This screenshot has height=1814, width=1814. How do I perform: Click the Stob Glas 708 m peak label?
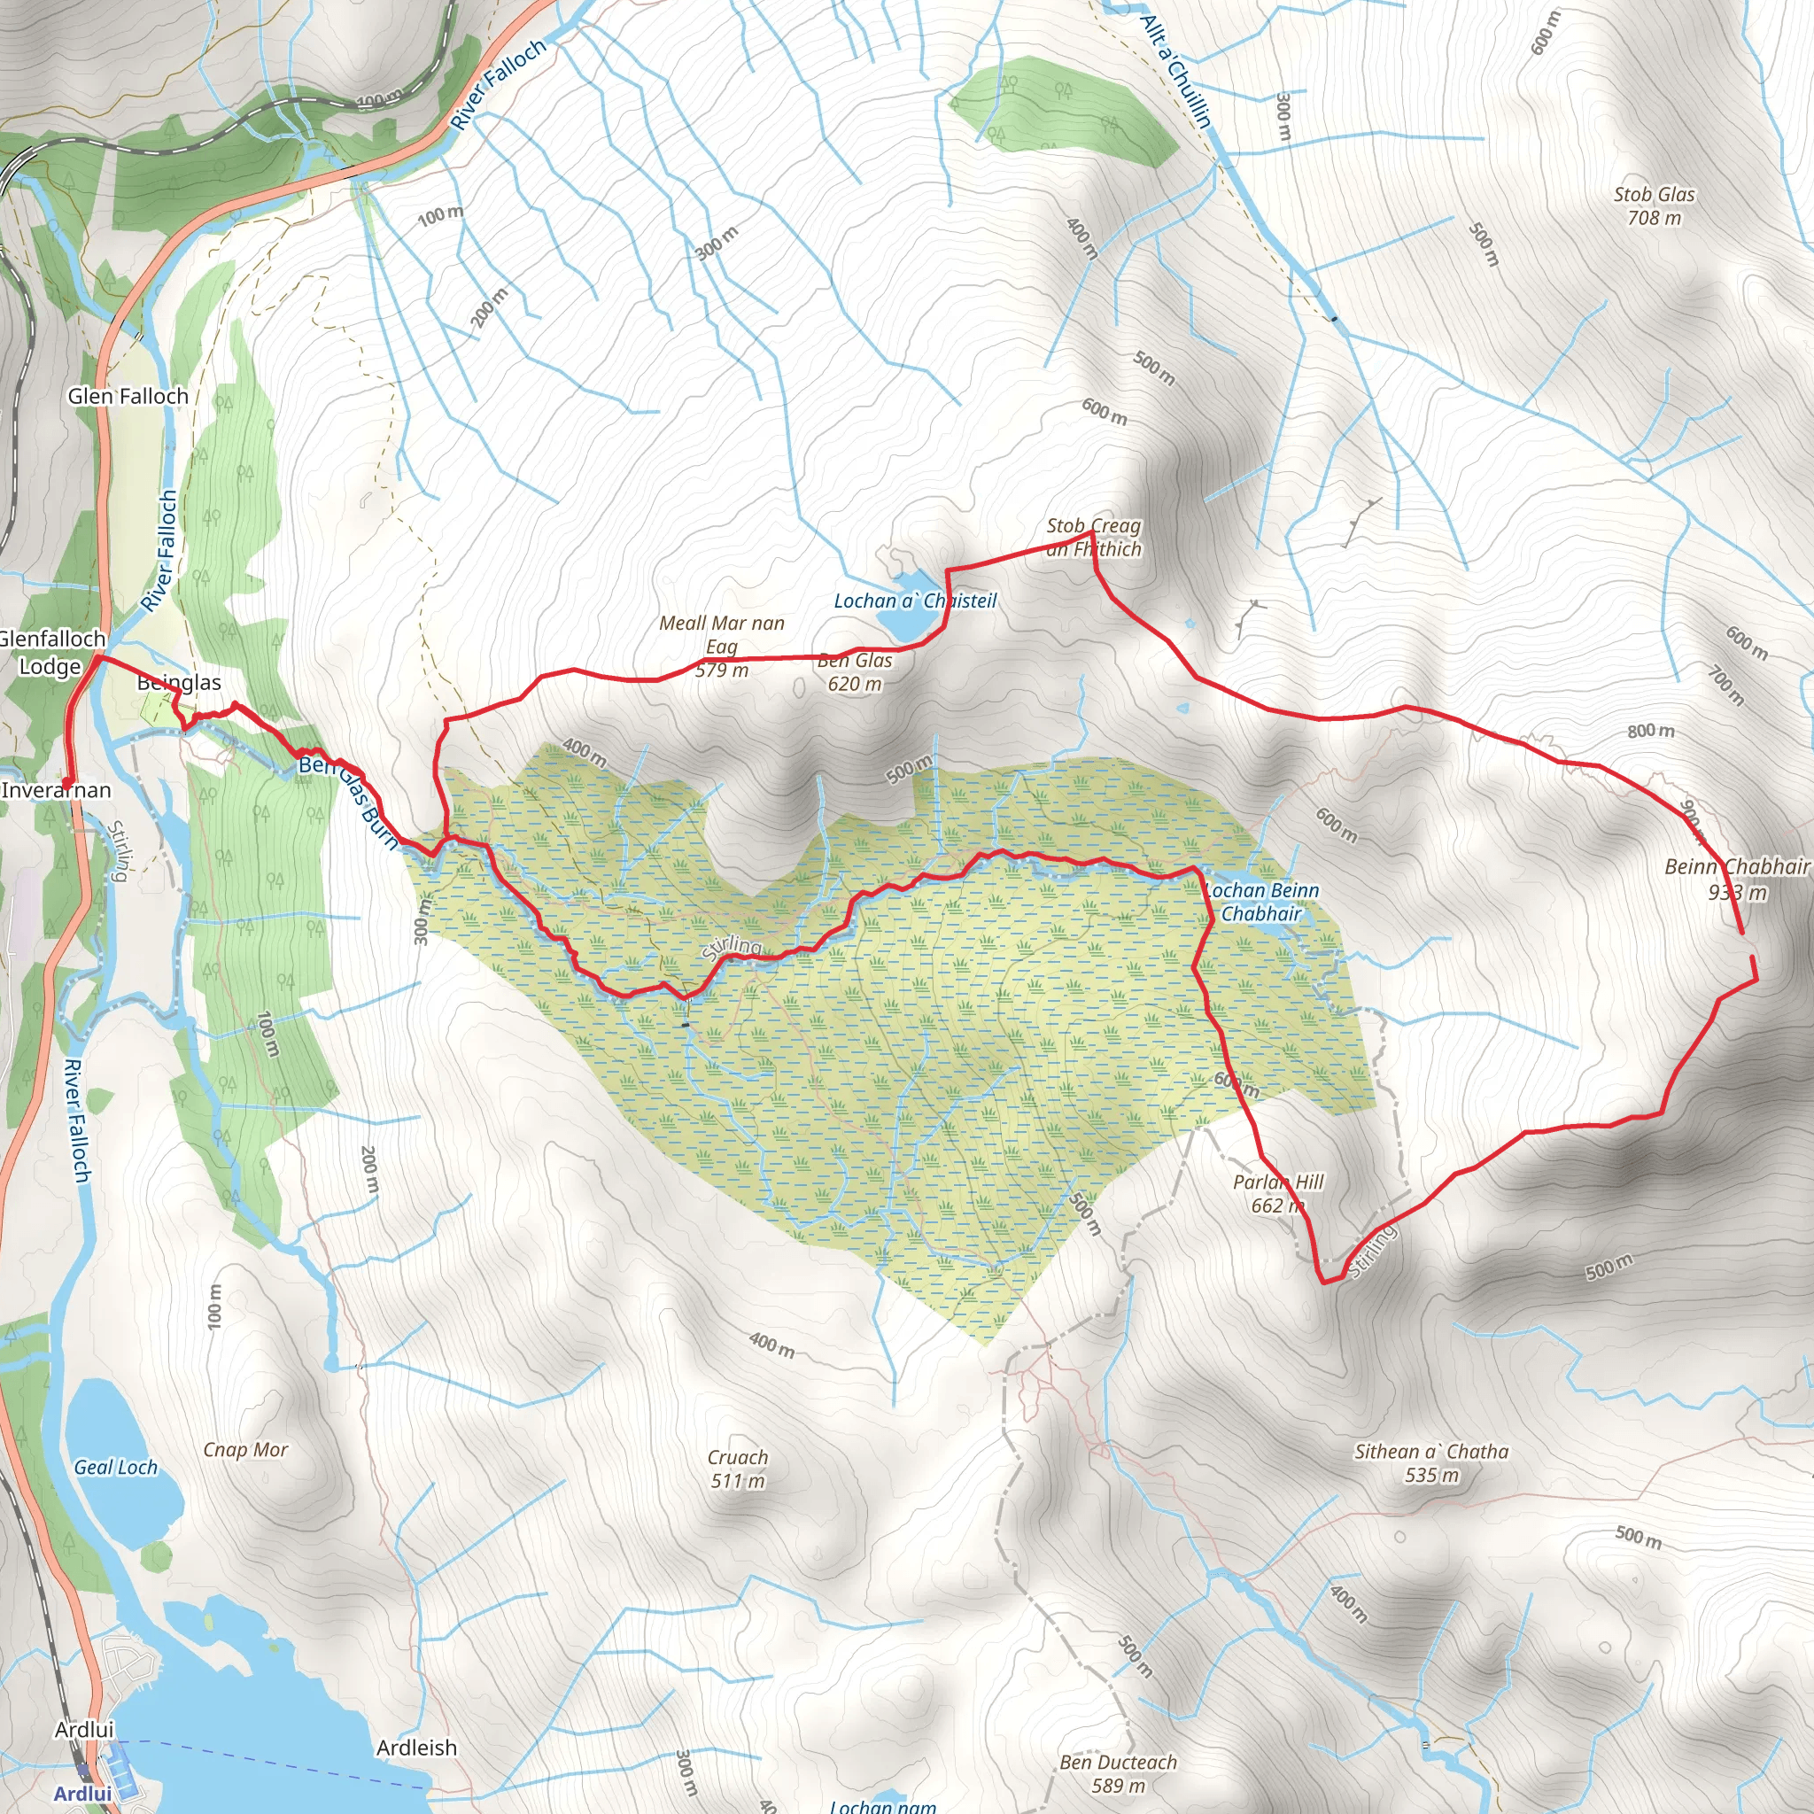tap(1654, 205)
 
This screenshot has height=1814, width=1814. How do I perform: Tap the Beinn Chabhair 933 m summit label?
tap(1736, 879)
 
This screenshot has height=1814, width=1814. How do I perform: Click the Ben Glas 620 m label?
tap(855, 672)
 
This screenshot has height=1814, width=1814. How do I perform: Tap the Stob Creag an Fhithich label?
tap(1093, 537)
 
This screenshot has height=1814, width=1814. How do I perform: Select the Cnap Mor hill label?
tap(246, 1450)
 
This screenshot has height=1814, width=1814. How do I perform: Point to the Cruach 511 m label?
tap(738, 1469)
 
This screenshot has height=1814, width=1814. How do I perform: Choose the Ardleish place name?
tap(416, 1748)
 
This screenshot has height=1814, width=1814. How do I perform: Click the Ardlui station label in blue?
tap(82, 1794)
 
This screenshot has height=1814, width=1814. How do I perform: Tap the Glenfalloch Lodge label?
tap(51, 653)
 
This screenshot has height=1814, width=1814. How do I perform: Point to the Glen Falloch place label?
tap(128, 396)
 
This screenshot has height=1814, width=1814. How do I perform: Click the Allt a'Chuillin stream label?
tap(1176, 72)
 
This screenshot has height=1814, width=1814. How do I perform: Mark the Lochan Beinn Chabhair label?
tap(1261, 902)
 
